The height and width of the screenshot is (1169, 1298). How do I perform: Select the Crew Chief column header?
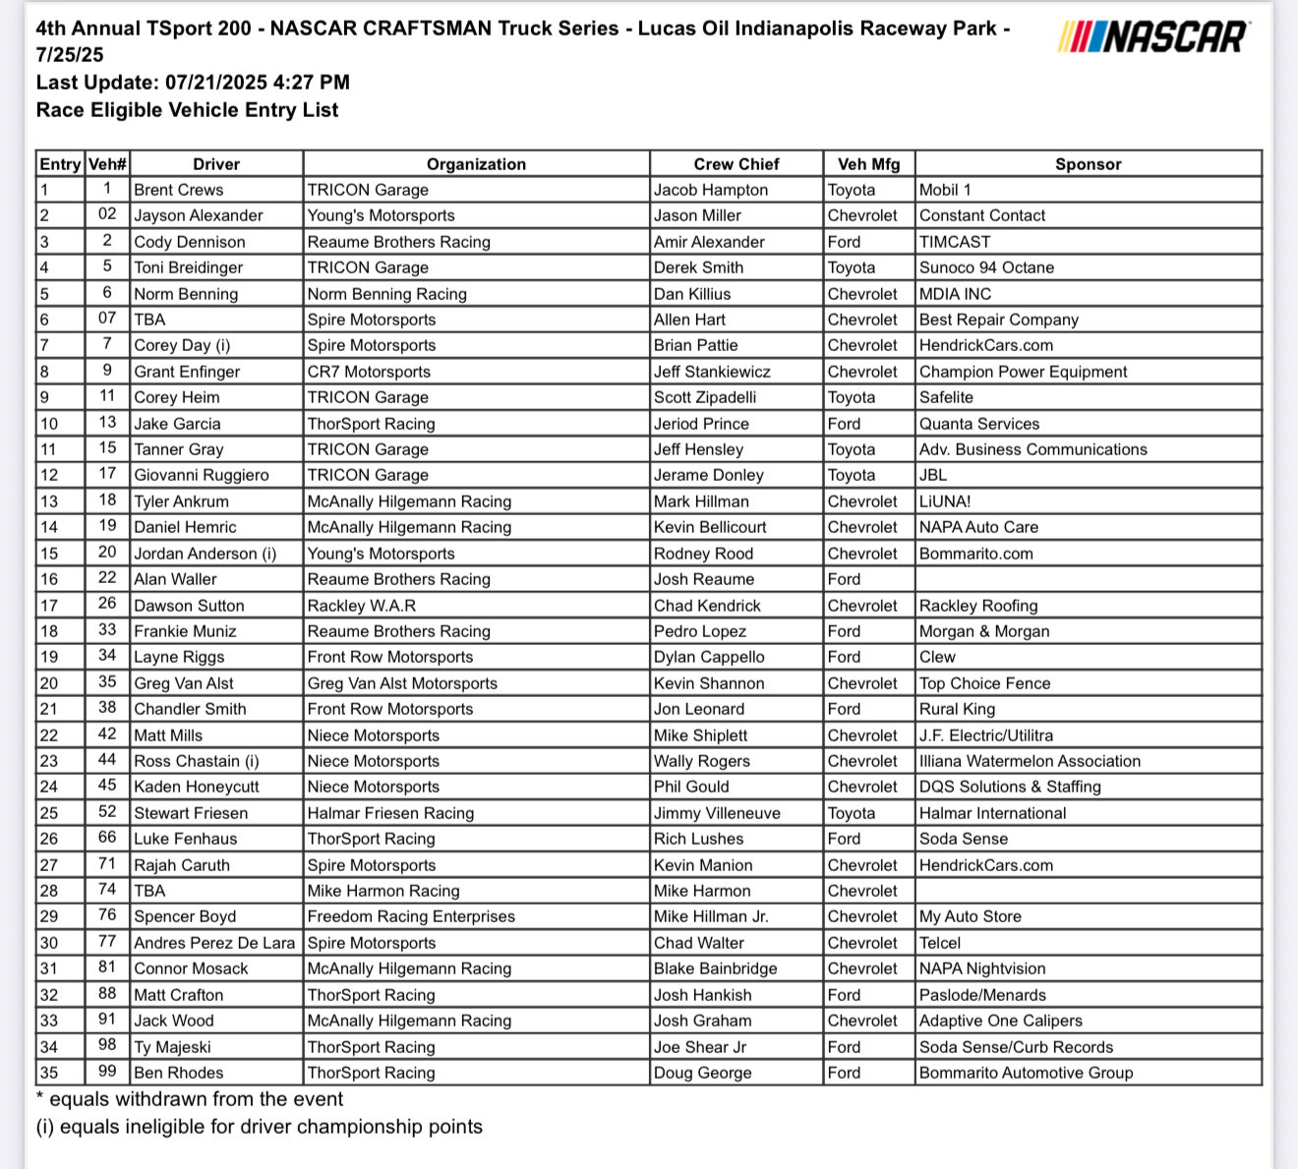[x=736, y=164]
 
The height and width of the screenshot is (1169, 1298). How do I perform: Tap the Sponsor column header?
[x=1088, y=164]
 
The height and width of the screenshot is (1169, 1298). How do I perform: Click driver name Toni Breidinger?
[x=188, y=267]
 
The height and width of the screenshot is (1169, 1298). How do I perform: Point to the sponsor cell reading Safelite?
[x=946, y=397]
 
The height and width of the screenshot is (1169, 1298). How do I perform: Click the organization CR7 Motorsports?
[x=369, y=372]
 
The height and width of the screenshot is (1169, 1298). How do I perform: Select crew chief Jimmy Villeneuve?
[x=717, y=813]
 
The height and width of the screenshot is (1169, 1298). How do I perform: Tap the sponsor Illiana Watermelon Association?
[x=1030, y=761]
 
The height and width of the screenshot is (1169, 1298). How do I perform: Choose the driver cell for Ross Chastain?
[x=197, y=761]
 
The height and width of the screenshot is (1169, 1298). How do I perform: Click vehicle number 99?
[x=107, y=1072]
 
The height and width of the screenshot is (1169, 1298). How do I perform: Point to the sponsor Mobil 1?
[x=945, y=190]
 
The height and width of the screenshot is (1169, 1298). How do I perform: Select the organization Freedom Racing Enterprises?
[x=411, y=916]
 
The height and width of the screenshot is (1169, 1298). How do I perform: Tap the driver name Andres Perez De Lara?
[x=214, y=943]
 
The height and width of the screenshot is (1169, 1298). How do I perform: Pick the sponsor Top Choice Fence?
[x=984, y=683]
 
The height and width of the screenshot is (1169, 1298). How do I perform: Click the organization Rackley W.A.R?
[x=362, y=606]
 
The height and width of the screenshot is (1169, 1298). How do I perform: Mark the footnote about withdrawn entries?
[x=190, y=1099]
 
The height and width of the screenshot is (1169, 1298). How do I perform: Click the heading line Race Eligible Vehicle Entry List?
[x=187, y=110]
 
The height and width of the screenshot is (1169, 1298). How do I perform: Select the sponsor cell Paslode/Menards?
[x=982, y=995]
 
